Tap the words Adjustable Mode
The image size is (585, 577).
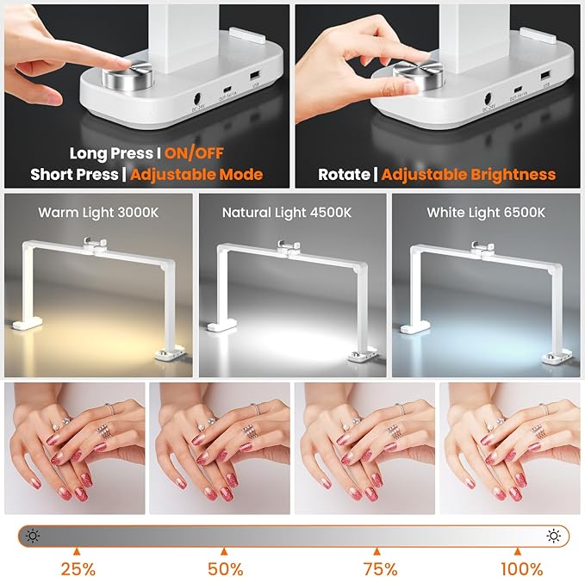(x=194, y=175)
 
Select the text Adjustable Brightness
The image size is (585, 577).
(x=469, y=175)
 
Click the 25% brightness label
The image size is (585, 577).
(x=78, y=568)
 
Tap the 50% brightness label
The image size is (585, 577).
(x=224, y=568)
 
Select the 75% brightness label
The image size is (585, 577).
(x=377, y=568)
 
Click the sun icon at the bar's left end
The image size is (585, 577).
(x=33, y=536)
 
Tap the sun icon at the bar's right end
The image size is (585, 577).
(x=553, y=536)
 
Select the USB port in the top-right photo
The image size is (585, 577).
(x=545, y=80)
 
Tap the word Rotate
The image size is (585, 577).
(x=344, y=175)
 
